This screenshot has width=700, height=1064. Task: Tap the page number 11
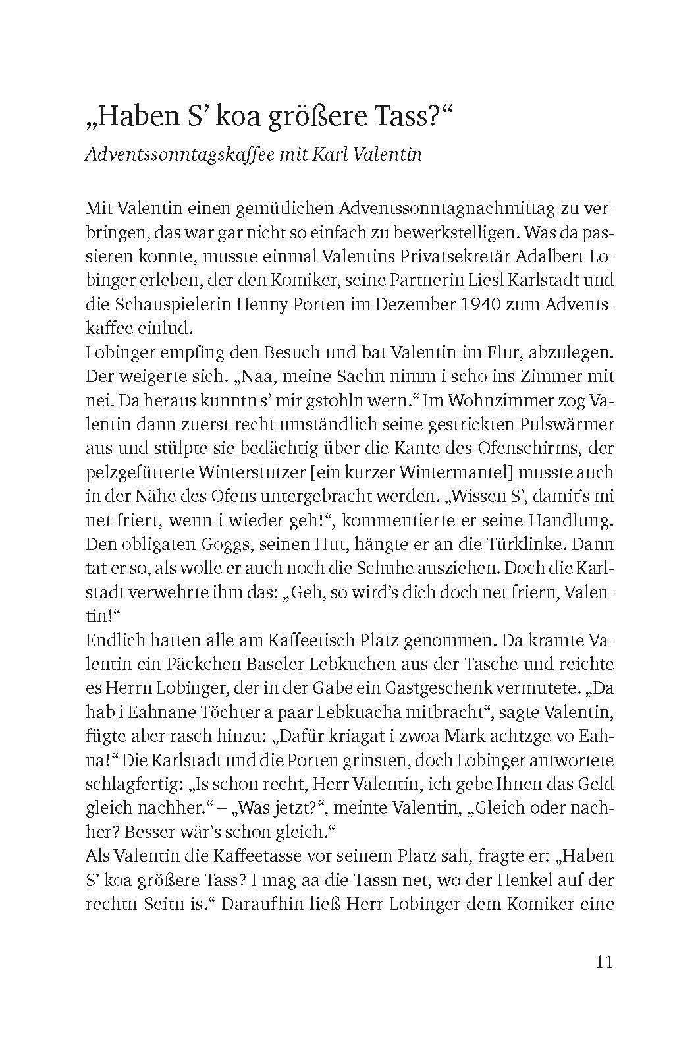[604, 961]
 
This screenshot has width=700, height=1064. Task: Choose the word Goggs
[212, 544]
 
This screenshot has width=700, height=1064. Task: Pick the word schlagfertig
[132, 784]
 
